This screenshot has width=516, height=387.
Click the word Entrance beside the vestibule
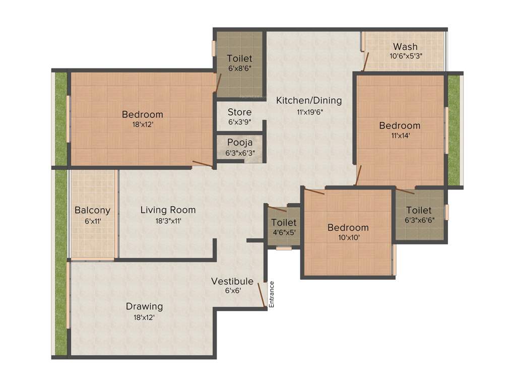(x=272, y=294)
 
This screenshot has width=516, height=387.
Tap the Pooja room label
(x=239, y=142)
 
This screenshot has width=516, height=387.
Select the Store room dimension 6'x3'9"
(x=239, y=122)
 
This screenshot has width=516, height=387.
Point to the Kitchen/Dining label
(x=308, y=100)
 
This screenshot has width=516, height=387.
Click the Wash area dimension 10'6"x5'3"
(x=405, y=57)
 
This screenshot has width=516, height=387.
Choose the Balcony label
(x=92, y=210)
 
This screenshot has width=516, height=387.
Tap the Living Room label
(x=168, y=210)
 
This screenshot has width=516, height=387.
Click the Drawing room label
(x=144, y=306)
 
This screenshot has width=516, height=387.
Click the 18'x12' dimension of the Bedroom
(x=143, y=124)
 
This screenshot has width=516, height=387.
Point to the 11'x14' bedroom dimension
(x=400, y=135)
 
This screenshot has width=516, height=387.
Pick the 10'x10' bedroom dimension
(x=348, y=237)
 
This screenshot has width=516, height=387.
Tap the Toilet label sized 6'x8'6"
(x=239, y=58)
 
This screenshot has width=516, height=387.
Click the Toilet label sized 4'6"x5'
(x=284, y=222)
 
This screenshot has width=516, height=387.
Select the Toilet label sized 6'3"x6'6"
(x=419, y=210)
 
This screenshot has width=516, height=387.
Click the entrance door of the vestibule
(x=262, y=295)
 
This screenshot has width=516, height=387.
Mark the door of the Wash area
(x=366, y=60)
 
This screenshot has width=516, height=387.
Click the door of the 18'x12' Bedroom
(x=203, y=163)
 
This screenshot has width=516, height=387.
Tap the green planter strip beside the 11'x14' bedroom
(x=454, y=130)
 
